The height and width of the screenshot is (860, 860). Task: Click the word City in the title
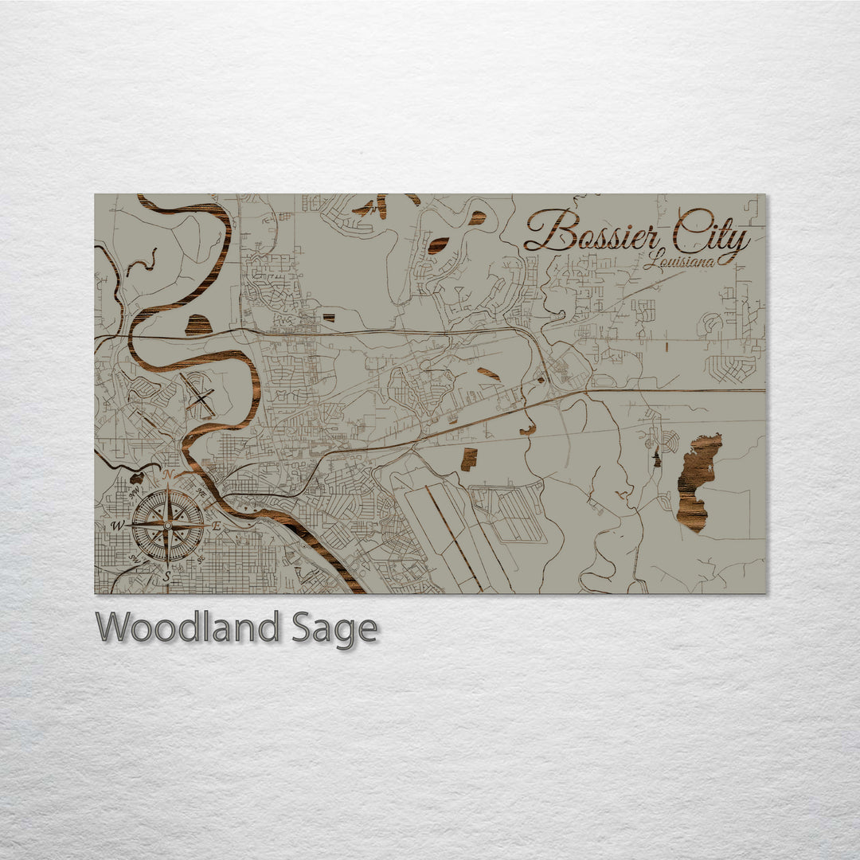[x=711, y=231]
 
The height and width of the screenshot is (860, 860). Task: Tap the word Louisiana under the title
[x=679, y=260]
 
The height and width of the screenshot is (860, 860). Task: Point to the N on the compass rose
[x=168, y=476]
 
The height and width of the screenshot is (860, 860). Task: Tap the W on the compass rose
[x=118, y=526]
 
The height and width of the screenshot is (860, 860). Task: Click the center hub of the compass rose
[x=167, y=526]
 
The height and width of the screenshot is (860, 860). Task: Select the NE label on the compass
[x=200, y=493]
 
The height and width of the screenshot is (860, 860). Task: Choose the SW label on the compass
[x=135, y=560]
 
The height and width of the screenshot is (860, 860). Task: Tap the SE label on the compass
[x=201, y=559]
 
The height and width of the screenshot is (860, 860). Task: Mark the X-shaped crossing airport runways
[x=198, y=396]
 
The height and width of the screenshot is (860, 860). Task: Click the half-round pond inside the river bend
[x=198, y=325]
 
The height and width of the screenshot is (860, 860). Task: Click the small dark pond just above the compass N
[x=136, y=479]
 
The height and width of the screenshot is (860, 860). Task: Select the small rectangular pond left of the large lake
[x=469, y=459]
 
